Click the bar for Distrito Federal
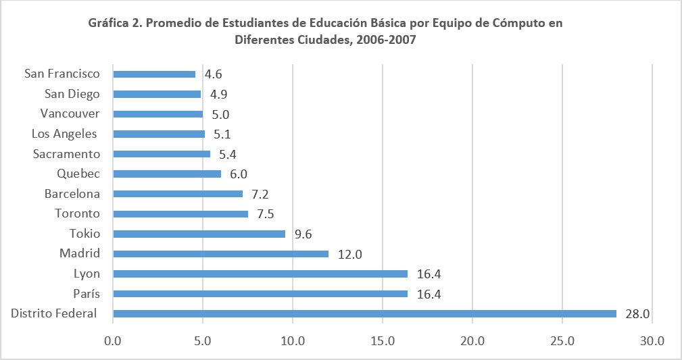365,313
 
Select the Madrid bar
221,254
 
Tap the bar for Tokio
199,234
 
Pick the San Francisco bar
154,74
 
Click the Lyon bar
260,274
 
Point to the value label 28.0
637,313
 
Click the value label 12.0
350,254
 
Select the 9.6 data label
303,234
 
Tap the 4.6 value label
214,74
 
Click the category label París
87,294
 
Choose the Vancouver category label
70,113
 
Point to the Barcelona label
72,194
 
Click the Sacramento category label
67,154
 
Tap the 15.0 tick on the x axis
383,341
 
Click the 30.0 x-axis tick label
652,341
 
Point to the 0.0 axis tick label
114,341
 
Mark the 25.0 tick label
562,341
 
